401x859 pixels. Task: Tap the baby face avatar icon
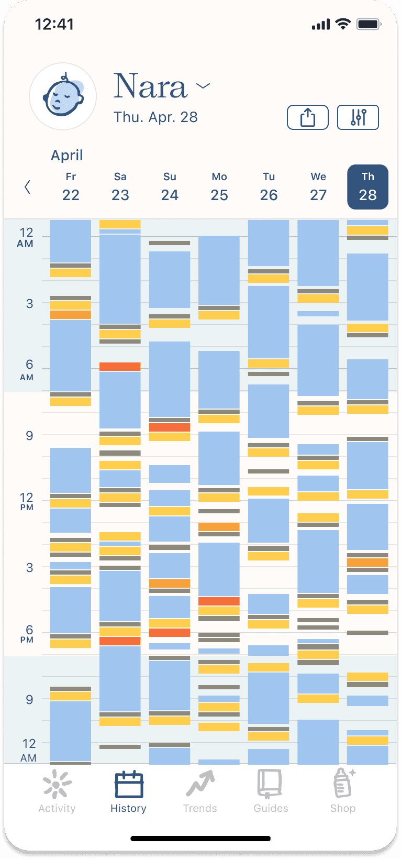pyautogui.click(x=63, y=96)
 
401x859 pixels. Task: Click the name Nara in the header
pyautogui.click(x=151, y=86)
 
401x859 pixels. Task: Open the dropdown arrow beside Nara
pyautogui.click(x=203, y=85)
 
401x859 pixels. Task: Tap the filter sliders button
pyautogui.click(x=358, y=117)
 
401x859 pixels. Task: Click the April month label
pyautogui.click(x=66, y=156)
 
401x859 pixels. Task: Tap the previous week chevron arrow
pyautogui.click(x=27, y=187)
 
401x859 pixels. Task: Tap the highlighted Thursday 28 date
pyautogui.click(x=367, y=187)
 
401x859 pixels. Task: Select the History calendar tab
pyautogui.click(x=128, y=791)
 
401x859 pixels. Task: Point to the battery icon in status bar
pyautogui.click(x=369, y=24)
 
